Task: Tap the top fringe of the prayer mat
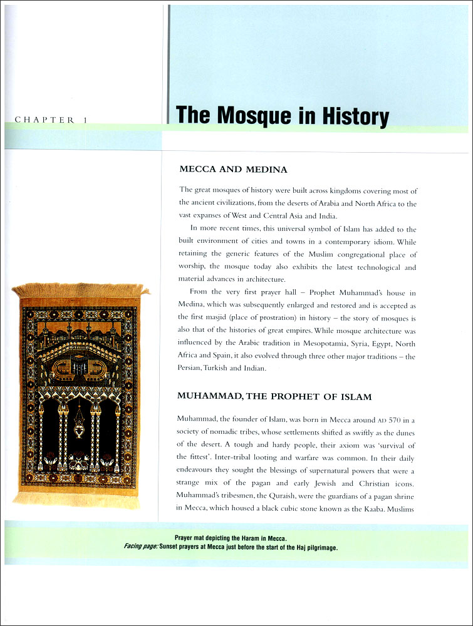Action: [80, 290]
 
